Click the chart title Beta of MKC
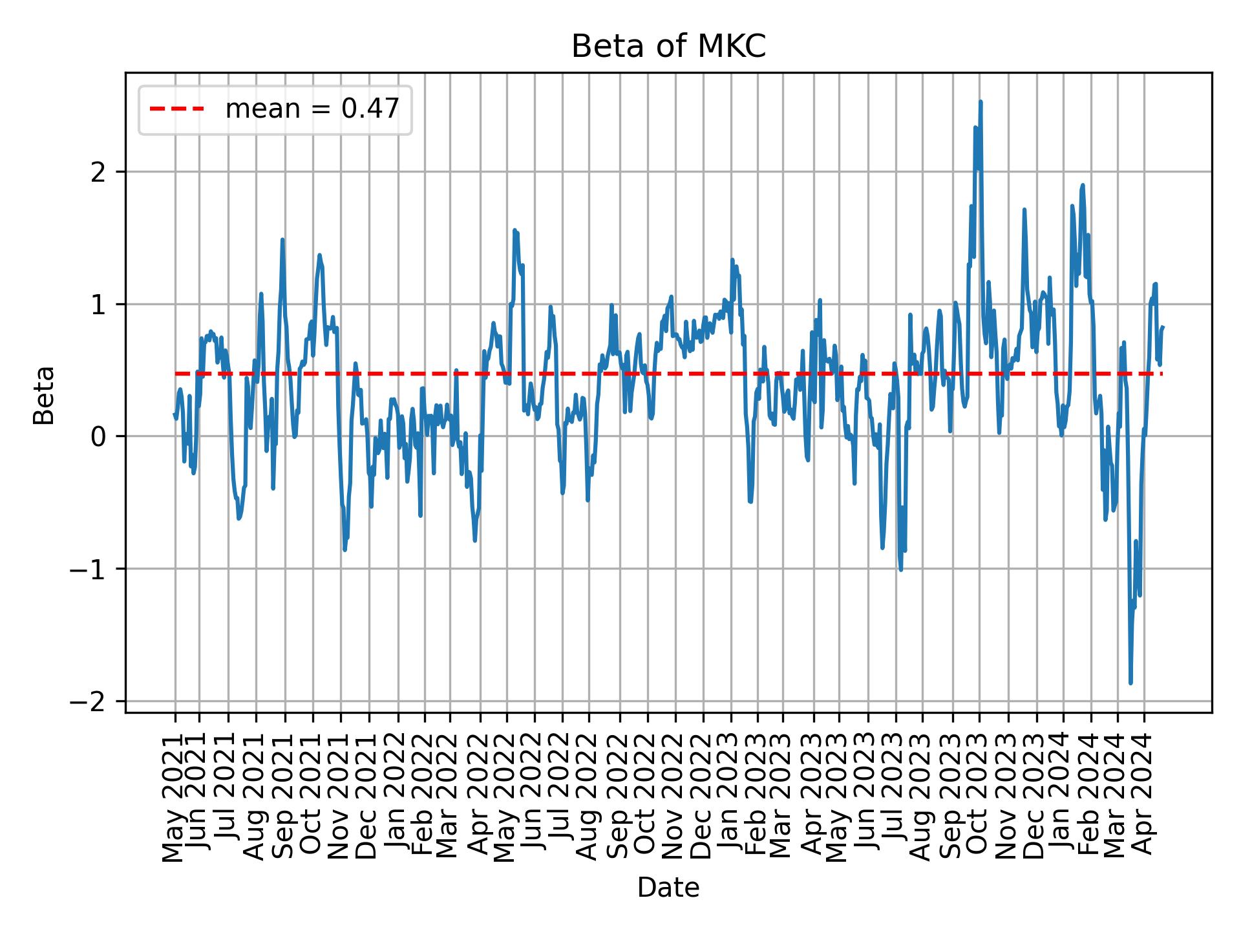[668, 47]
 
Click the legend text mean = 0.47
[312, 109]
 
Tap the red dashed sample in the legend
[177, 109]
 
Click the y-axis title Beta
[44, 395]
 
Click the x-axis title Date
[668, 888]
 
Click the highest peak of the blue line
[981, 102]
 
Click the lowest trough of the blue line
[1130, 683]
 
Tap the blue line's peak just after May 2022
[514, 230]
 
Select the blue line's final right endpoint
[1163, 327]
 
